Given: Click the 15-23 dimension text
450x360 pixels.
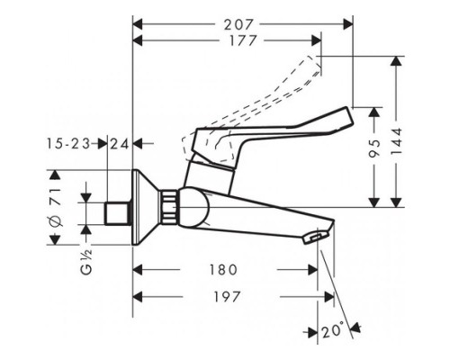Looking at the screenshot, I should (70, 142).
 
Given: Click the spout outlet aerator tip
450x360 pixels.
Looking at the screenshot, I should (312, 237).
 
